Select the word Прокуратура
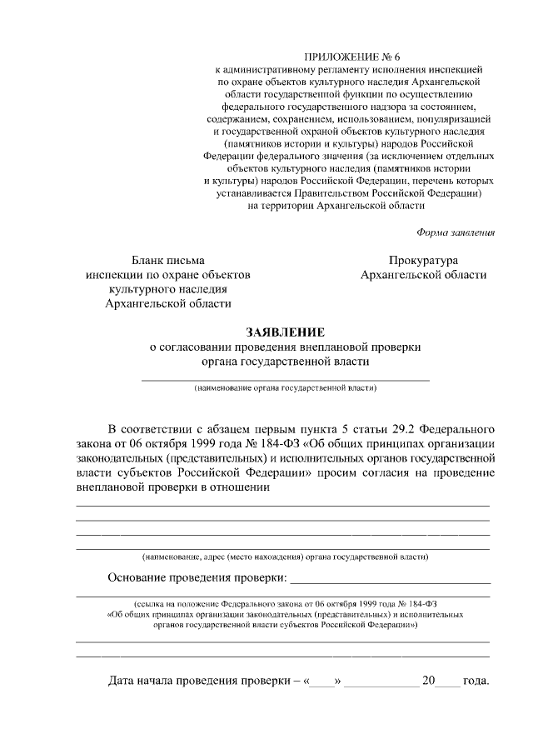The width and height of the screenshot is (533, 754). tap(423, 261)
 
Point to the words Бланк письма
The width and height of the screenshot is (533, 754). tap(168, 261)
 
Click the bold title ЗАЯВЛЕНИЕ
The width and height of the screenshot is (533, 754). tap(286, 332)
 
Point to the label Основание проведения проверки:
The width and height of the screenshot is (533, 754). tap(197, 578)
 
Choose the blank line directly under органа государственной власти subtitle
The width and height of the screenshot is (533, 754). tap(286, 380)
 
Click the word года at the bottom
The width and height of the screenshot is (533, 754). tap(476, 681)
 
